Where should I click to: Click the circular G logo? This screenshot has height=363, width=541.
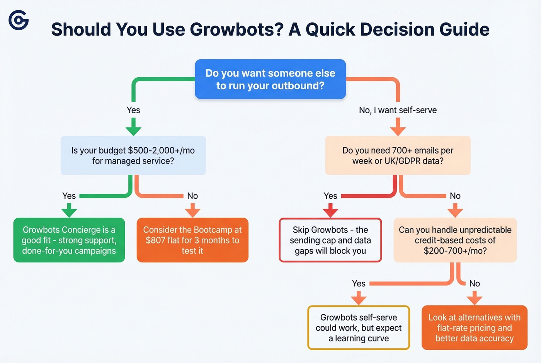pyautogui.click(x=19, y=20)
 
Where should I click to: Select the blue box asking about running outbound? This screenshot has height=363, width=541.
pyautogui.click(x=270, y=79)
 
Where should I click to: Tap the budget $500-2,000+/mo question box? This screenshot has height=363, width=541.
pyautogui.click(x=133, y=155)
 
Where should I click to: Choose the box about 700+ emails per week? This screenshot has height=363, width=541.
pyautogui.click(x=398, y=155)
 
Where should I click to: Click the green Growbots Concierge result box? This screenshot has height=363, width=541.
pyautogui.click(x=69, y=240)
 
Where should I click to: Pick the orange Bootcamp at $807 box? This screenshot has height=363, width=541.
pyautogui.click(x=192, y=240)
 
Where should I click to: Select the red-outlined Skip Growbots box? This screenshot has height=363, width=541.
pyautogui.click(x=330, y=240)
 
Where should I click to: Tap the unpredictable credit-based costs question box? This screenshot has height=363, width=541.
pyautogui.click(x=455, y=240)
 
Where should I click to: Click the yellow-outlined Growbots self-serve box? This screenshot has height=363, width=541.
pyautogui.click(x=359, y=328)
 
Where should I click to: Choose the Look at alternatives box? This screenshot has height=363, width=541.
pyautogui.click(x=474, y=328)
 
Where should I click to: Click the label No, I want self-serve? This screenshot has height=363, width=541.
pyautogui.click(x=398, y=110)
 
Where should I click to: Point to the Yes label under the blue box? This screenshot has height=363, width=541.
pyautogui.click(x=133, y=110)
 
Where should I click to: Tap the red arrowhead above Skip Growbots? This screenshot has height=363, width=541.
pyautogui.click(x=330, y=211)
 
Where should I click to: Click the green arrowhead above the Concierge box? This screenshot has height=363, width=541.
pyautogui.click(x=69, y=211)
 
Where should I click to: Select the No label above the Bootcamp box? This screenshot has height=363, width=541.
pyautogui.click(x=192, y=196)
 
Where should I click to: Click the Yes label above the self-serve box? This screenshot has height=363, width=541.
pyautogui.click(x=359, y=284)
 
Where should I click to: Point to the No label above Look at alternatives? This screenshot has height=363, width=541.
pyautogui.click(x=474, y=284)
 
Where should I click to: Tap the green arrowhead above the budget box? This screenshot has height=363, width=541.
pyautogui.click(x=133, y=130)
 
